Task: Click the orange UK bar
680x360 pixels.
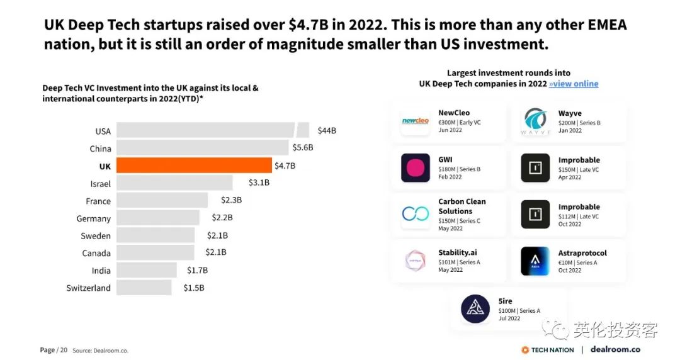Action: click(194, 166)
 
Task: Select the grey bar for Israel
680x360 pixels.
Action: click(174, 183)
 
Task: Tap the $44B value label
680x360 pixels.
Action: click(327, 131)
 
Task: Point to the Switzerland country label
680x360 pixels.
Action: click(88, 288)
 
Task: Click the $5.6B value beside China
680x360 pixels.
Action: click(302, 149)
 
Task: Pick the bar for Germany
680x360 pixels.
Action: click(158, 218)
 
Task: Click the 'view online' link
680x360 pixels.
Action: click(573, 84)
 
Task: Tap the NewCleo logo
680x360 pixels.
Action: click(416, 121)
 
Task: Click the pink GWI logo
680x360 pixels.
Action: click(416, 168)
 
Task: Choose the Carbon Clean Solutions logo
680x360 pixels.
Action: click(416, 215)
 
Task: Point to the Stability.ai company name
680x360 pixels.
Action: click(458, 253)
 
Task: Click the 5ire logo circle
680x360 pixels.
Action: click(475, 308)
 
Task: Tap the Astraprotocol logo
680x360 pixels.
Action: click(535, 261)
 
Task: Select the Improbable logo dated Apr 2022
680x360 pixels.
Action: click(535, 168)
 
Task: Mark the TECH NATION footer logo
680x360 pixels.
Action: click(548, 350)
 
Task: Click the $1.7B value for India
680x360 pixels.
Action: click(197, 271)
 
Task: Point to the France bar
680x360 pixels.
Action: click(162, 201)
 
